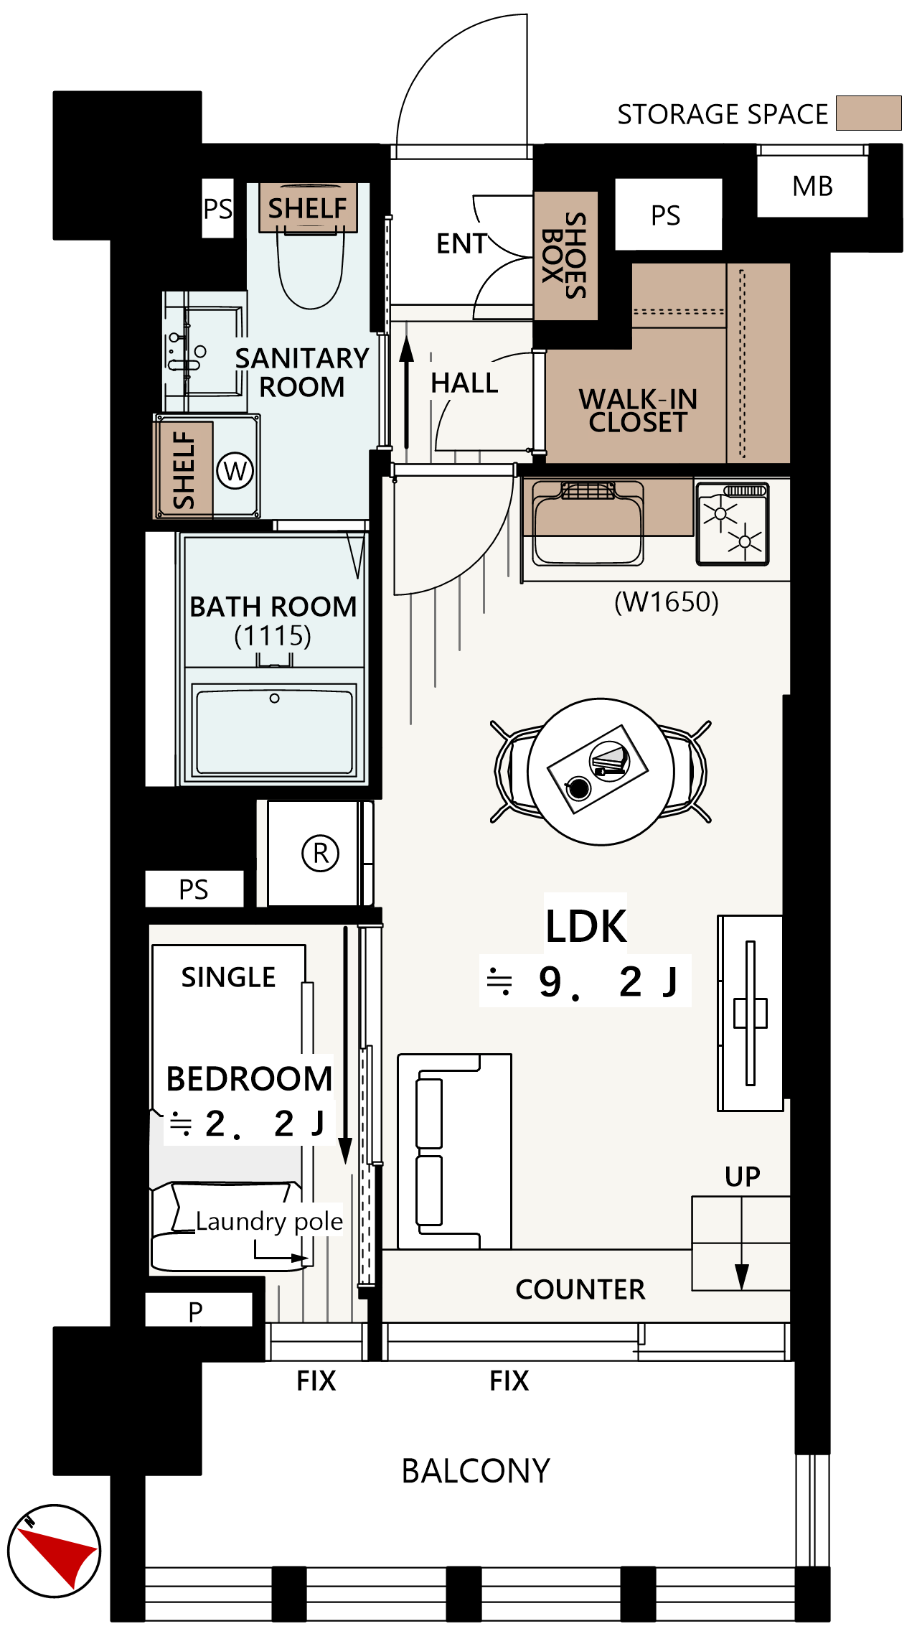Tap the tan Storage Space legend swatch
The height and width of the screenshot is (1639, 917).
tap(868, 113)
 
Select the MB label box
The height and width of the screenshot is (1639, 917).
tap(812, 186)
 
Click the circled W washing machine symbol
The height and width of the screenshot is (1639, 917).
tap(235, 471)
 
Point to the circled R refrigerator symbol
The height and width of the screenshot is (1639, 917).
tap(320, 853)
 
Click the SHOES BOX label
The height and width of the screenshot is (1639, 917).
tap(565, 255)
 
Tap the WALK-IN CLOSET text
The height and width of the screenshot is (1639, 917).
tap(638, 411)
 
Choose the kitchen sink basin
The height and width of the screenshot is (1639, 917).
tap(588, 523)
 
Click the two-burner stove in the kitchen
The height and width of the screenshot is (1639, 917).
tap(733, 523)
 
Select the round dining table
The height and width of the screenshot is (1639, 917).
tap(601, 771)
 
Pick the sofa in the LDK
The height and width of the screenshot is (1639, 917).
tap(455, 1152)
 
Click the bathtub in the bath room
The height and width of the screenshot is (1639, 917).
tap(274, 731)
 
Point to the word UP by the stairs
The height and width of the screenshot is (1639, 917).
tap(742, 1177)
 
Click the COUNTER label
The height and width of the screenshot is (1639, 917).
tap(580, 1289)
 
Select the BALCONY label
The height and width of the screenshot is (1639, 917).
tap(476, 1471)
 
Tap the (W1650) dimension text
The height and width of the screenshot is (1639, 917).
tap(667, 602)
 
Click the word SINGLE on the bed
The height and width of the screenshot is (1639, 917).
tap(228, 977)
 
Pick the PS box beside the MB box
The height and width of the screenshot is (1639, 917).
tap(668, 214)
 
